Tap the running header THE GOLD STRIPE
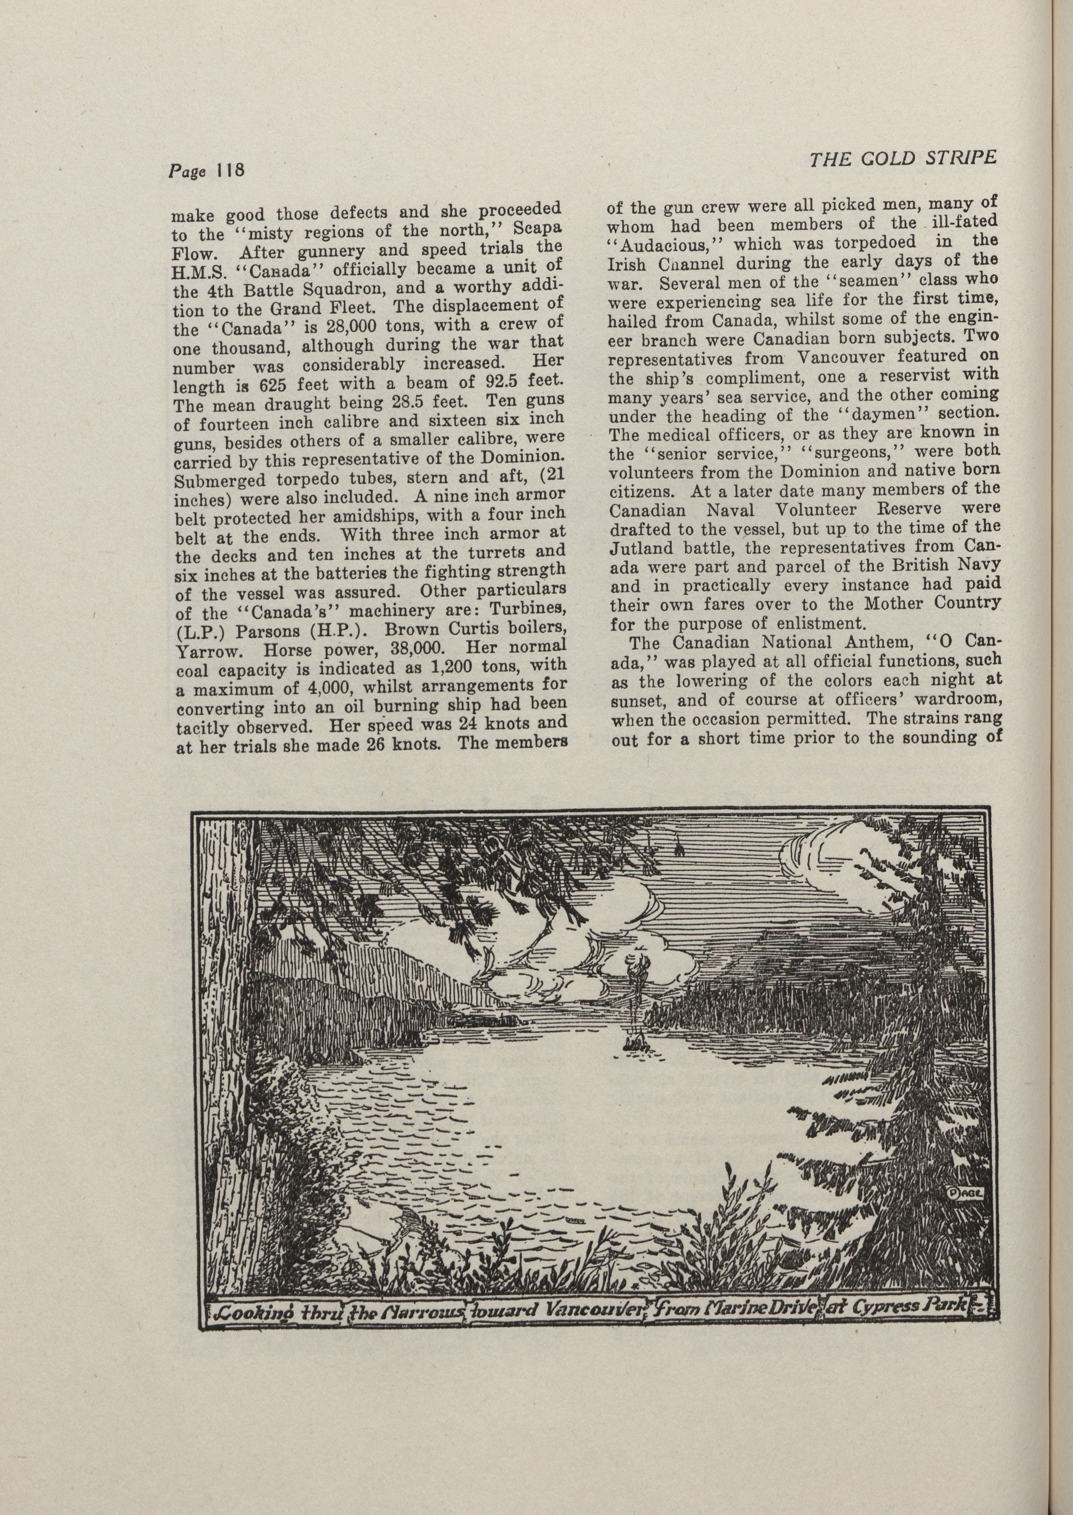(x=902, y=159)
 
